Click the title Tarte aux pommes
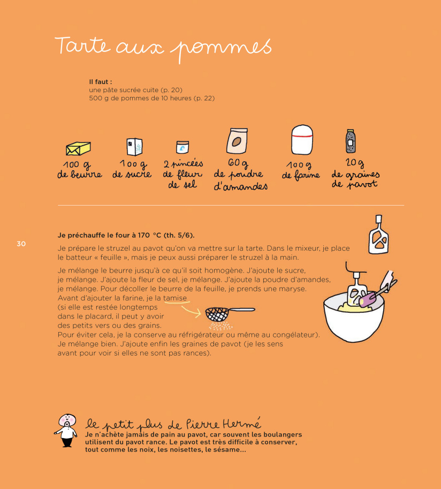(x=163, y=47)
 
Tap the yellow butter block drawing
(x=78, y=148)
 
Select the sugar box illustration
(x=134, y=147)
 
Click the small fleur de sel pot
(x=183, y=147)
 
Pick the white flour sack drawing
(x=302, y=140)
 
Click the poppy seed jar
(x=351, y=141)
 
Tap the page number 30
(x=21, y=244)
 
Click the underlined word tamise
(x=175, y=298)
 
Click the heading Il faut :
(x=100, y=82)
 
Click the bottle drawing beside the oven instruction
(x=379, y=235)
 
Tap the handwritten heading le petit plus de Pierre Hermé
(x=173, y=423)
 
